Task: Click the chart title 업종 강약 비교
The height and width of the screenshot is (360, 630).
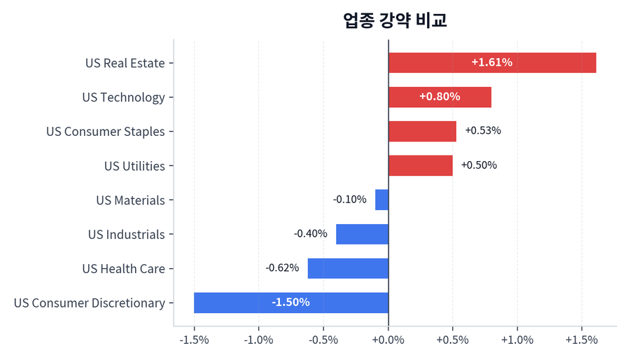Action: click(x=395, y=20)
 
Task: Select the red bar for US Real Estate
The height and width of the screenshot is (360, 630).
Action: click(x=492, y=63)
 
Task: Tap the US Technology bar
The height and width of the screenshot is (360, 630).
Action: click(x=440, y=97)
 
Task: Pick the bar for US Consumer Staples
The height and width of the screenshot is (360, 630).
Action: click(x=422, y=132)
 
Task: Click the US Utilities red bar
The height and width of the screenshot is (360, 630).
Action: click(x=420, y=166)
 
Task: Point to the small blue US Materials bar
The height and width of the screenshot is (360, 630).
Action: click(x=381, y=200)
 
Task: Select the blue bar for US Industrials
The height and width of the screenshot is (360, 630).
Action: click(x=362, y=234)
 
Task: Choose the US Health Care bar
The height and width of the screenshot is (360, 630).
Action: click(x=348, y=268)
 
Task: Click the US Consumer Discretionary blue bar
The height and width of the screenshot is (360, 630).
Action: click(x=291, y=303)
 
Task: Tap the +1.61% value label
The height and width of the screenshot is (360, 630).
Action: click(x=491, y=63)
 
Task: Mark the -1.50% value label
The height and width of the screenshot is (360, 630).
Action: click(x=290, y=303)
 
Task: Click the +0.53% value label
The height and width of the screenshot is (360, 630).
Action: click(x=483, y=131)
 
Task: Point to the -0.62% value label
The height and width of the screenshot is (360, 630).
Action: click(x=282, y=268)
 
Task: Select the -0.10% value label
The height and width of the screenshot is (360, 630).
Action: click(x=349, y=200)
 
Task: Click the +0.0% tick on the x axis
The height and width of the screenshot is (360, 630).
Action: click(x=388, y=340)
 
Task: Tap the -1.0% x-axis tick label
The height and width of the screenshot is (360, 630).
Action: click(x=258, y=340)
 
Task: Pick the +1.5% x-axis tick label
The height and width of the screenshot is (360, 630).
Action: click(x=581, y=340)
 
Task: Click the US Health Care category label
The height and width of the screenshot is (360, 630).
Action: click(x=123, y=268)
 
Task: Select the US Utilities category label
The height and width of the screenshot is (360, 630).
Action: click(x=134, y=166)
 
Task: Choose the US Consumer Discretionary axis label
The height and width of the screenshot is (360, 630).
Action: click(x=90, y=303)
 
